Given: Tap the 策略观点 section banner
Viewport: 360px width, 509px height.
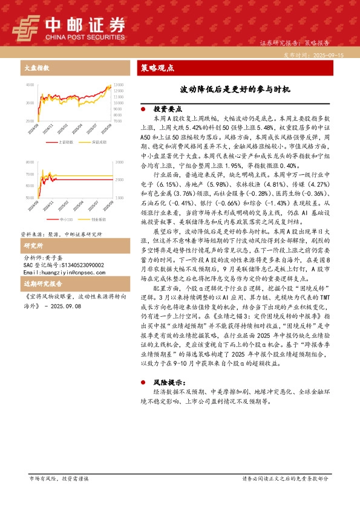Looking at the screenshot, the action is coord(157,68).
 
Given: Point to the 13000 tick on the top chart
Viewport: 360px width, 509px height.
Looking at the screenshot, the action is coord(118,85).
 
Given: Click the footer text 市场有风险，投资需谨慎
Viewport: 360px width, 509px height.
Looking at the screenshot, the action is coord(59,478).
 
